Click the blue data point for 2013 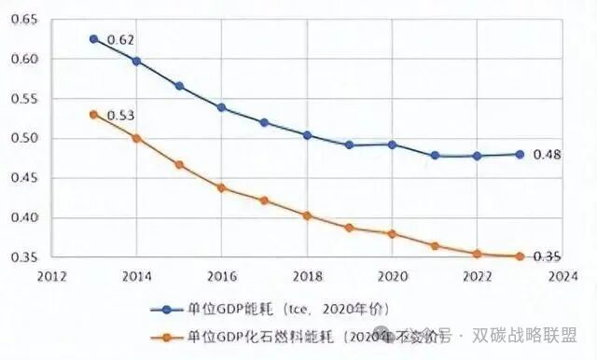93,39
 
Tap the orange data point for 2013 93,115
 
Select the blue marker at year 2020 392,145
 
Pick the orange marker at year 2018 307,215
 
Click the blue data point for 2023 520,154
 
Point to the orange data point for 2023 520,256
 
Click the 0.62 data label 120,40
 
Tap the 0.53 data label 120,116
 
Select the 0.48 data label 547,155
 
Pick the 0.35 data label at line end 547,256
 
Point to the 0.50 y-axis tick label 28,139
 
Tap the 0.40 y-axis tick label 28,218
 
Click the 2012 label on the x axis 51,276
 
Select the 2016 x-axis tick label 221,276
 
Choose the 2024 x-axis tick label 562,276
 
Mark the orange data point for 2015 179,165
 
